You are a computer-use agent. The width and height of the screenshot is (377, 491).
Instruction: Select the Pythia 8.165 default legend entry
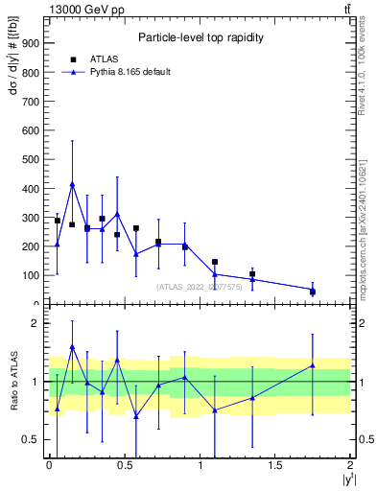(130, 72)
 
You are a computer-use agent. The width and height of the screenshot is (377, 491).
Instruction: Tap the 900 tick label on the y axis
(29, 42)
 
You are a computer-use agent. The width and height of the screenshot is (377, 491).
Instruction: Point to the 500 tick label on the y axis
(29, 159)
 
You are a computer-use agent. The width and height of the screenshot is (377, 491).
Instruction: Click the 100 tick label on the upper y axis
(29, 275)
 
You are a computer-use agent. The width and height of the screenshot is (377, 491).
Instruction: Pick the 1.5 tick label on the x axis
(276, 465)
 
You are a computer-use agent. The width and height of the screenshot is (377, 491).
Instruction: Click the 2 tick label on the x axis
(351, 465)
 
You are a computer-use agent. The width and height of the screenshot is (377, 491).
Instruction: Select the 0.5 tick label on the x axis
(125, 465)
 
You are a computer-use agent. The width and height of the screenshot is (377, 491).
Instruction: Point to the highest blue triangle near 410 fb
(72, 184)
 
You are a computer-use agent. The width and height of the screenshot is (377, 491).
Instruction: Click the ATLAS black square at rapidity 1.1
(215, 262)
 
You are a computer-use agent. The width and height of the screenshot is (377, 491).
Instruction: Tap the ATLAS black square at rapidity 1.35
(252, 274)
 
